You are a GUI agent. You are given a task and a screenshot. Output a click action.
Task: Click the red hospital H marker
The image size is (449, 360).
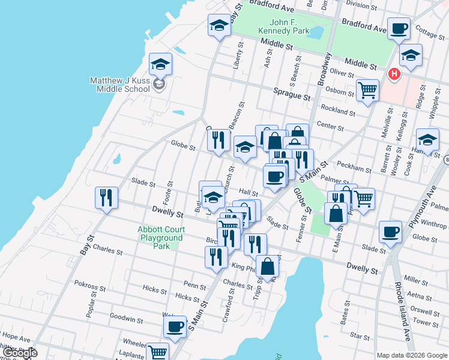(394, 74)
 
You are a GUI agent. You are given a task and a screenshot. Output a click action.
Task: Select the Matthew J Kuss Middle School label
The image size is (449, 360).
(119, 85)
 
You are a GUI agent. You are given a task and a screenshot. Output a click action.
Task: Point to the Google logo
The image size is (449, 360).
(19, 353)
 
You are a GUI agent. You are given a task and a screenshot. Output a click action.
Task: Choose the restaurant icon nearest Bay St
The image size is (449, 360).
(106, 197)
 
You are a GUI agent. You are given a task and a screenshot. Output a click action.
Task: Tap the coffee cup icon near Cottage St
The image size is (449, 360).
(399, 28)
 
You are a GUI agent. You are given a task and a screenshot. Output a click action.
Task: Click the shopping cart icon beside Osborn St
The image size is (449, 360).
(367, 91)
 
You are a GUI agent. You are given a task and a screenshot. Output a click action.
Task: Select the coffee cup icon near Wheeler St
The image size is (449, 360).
(175, 327)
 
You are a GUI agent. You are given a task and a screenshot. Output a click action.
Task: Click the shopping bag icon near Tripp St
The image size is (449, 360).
(267, 266)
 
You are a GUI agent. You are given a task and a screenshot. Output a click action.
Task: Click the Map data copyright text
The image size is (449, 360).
(411, 355)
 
